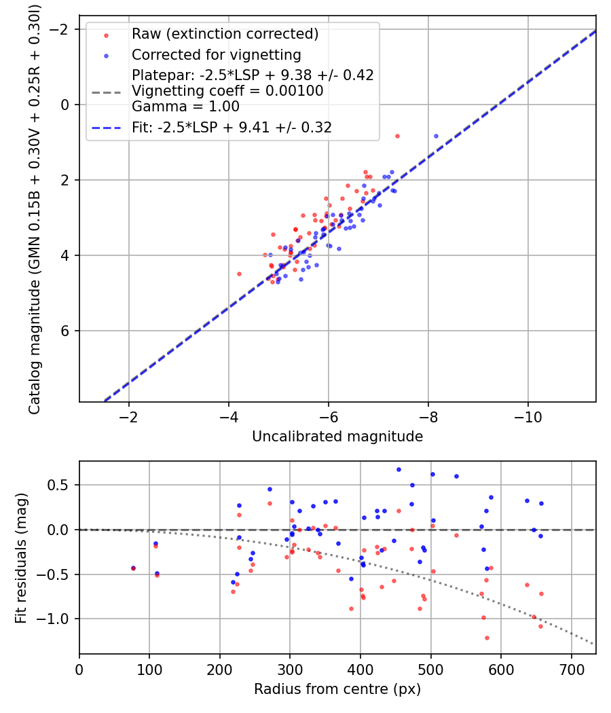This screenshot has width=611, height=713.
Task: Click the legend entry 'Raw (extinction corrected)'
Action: (225, 34)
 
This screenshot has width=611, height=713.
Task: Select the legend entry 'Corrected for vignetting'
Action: (216, 54)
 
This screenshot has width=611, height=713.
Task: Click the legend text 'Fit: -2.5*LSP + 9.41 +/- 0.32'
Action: (232, 126)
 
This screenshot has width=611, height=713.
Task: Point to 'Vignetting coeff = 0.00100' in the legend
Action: (227, 90)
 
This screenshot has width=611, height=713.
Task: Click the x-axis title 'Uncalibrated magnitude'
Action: (337, 437)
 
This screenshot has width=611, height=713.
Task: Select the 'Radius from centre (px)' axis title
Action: (337, 689)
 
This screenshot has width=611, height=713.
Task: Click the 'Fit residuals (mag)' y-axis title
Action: (21, 557)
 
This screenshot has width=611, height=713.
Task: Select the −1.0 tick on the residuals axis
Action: (58, 619)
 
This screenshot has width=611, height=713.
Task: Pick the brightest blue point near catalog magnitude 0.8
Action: (436, 136)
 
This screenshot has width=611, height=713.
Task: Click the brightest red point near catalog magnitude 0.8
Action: (397, 136)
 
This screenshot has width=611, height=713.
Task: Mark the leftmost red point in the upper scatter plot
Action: (239, 274)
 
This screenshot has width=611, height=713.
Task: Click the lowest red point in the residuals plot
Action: (487, 638)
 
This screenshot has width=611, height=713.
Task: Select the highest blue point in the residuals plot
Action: (399, 469)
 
